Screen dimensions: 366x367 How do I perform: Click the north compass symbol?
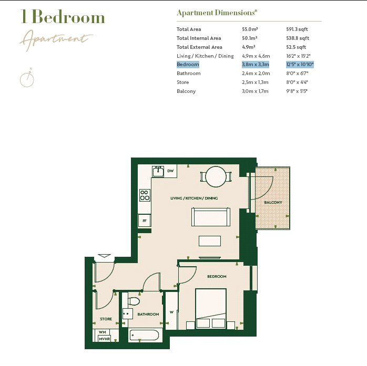(27, 78)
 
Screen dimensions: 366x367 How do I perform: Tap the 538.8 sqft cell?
(297, 38)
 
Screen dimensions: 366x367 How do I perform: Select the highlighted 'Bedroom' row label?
(188, 65)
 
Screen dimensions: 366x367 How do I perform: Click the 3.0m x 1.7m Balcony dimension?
(255, 91)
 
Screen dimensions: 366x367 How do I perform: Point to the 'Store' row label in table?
(182, 82)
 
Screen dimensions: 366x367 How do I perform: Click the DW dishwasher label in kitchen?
(170, 171)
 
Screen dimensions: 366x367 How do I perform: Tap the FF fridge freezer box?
(145, 221)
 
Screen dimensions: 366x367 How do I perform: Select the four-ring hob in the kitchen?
(145, 195)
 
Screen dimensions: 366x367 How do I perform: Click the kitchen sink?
(158, 171)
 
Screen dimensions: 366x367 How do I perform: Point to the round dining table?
(216, 176)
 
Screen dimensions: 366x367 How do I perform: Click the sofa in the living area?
(211, 217)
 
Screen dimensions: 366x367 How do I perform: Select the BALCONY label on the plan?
(273, 203)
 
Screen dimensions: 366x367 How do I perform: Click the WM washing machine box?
(102, 332)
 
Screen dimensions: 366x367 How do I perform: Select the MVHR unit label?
(105, 339)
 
